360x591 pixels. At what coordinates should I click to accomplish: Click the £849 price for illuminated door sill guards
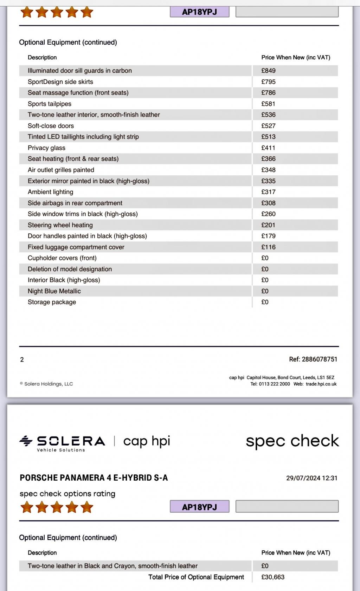(x=268, y=71)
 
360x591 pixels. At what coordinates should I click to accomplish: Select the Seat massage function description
(x=78, y=93)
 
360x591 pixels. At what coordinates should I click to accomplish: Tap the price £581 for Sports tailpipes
(x=268, y=104)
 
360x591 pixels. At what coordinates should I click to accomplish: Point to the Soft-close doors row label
(x=51, y=126)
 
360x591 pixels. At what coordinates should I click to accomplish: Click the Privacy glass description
(x=46, y=148)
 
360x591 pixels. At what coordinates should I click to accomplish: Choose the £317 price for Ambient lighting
(x=268, y=192)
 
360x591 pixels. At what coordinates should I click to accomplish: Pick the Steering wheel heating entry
(x=60, y=225)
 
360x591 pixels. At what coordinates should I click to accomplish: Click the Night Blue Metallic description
(x=54, y=291)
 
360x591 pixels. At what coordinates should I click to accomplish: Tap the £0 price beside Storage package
(x=265, y=302)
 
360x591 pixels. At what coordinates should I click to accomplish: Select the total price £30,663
(x=273, y=577)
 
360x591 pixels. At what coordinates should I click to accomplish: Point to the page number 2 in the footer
(x=22, y=359)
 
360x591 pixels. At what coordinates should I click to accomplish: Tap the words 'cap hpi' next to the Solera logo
(x=147, y=441)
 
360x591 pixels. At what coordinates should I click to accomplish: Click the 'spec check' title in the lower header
(x=292, y=441)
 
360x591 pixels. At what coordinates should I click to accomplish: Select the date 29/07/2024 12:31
(x=311, y=478)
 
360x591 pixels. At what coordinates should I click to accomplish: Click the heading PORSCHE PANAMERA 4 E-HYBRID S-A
(x=94, y=478)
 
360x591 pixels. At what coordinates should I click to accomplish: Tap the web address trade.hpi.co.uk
(x=321, y=384)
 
